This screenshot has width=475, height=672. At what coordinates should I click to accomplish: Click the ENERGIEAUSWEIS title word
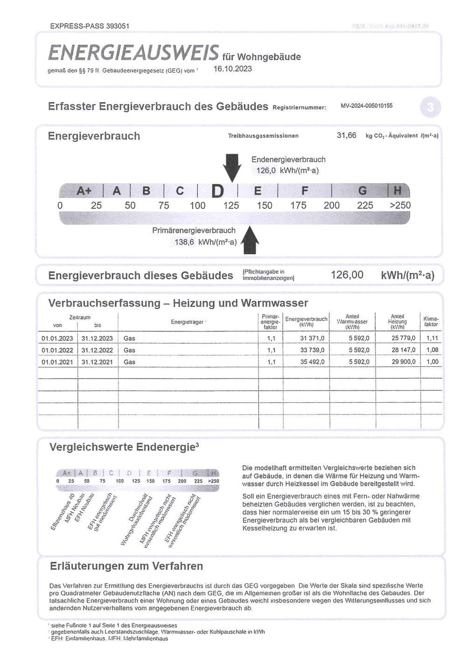133,53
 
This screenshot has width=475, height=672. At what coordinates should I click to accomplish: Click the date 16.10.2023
232,69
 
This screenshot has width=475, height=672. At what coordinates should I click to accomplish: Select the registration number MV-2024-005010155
366,106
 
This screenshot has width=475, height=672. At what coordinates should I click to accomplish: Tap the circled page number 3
430,108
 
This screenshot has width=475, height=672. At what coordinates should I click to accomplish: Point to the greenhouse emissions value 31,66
346,135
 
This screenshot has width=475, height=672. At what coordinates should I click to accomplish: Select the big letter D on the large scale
218,191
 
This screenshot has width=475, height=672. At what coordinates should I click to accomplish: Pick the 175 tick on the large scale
298,205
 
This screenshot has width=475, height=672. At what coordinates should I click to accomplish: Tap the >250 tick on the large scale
400,205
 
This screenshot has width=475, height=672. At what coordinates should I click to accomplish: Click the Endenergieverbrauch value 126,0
266,170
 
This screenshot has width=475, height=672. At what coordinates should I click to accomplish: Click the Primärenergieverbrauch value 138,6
184,242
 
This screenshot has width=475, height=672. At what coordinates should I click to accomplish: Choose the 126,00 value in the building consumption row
347,275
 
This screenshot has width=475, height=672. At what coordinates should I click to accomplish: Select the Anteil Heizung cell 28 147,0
403,350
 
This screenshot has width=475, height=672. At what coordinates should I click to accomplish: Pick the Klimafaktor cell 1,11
432,338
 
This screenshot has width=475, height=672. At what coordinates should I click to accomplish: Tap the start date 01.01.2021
57,362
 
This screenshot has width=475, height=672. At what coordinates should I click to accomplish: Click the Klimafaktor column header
431,321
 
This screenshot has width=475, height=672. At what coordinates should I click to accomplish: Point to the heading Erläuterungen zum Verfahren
126,566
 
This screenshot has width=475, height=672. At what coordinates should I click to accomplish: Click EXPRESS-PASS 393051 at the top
90,26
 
